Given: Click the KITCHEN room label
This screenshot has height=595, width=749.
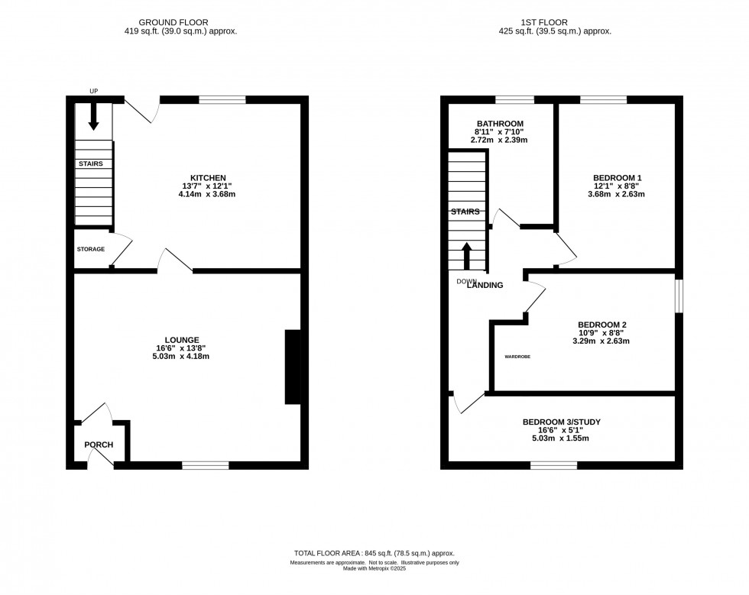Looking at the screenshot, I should [x=187, y=178].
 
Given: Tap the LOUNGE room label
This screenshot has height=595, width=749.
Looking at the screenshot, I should [x=182, y=340].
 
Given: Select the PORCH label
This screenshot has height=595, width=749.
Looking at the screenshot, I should [x=99, y=445].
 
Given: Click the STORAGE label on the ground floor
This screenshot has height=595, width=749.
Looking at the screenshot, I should [x=90, y=250].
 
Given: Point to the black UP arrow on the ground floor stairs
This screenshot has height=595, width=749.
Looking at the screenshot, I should [x=93, y=116].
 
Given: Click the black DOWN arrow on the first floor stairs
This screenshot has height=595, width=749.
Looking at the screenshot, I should [x=466, y=256].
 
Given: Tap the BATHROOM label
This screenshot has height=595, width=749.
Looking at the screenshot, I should [x=500, y=124].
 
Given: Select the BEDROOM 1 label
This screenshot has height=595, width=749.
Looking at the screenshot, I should [x=618, y=178].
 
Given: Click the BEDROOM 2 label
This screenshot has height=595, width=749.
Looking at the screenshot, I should [x=601, y=325].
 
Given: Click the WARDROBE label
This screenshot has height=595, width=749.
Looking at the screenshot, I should [x=517, y=357].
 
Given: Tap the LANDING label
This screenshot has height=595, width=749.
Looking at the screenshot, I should [x=485, y=286].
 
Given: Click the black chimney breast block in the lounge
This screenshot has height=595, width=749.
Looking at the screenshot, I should [x=293, y=367].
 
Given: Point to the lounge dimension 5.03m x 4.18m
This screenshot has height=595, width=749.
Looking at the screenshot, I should [x=182, y=356].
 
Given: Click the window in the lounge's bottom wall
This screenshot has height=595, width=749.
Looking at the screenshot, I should [x=205, y=464].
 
